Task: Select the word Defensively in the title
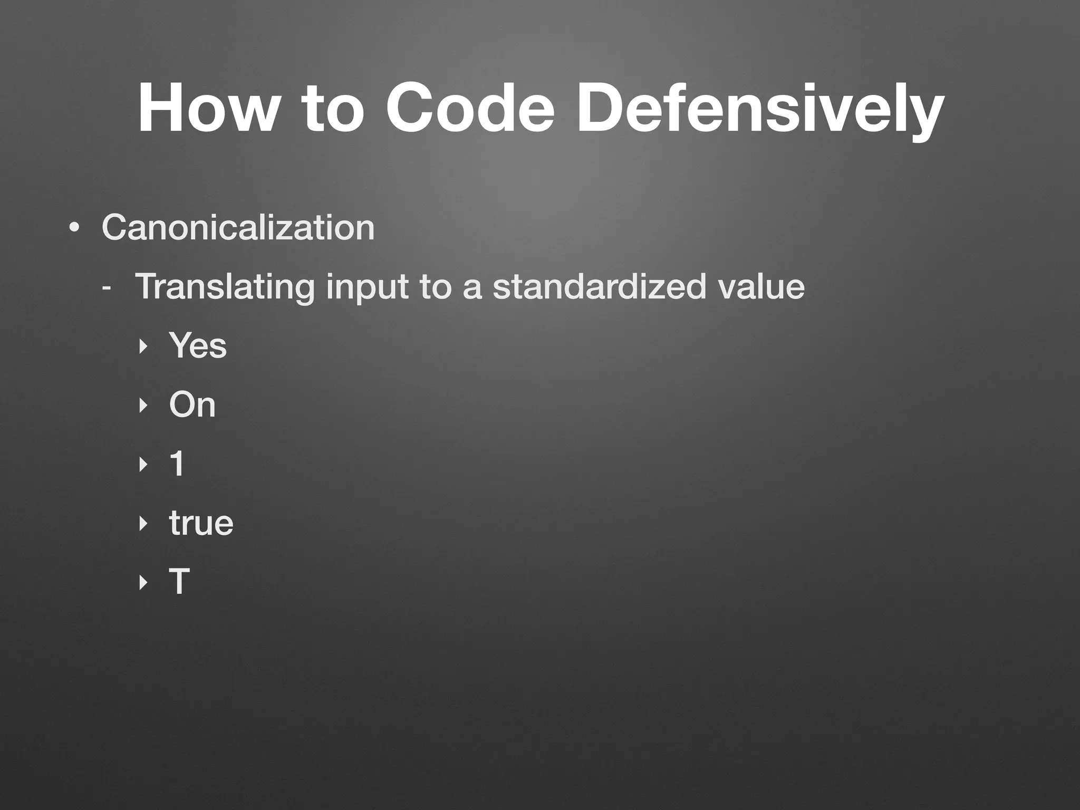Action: point(759,109)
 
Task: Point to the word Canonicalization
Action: point(238,228)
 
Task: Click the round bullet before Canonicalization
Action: point(74,229)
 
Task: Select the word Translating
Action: point(225,287)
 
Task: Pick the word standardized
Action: point(599,287)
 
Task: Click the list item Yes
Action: point(198,346)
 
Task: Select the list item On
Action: point(192,405)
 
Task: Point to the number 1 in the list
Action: point(177,464)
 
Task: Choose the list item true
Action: point(201,523)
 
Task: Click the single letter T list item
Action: point(179,582)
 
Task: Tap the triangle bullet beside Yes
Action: point(142,347)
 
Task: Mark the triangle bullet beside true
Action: point(142,524)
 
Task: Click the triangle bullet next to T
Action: point(142,583)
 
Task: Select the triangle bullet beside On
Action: point(142,406)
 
